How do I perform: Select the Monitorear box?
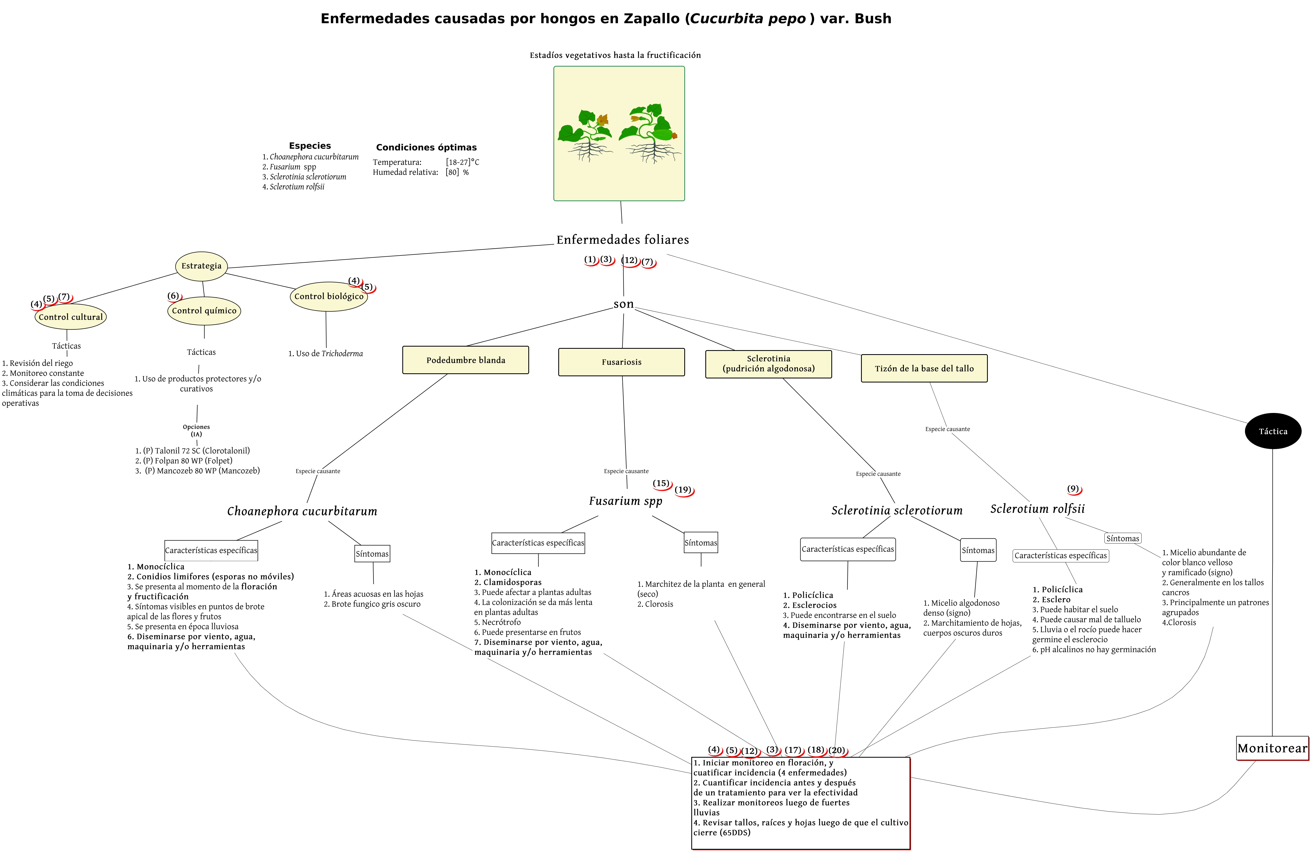click(x=1272, y=748)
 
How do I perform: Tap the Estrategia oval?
click(x=202, y=266)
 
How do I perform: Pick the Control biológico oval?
click(x=329, y=296)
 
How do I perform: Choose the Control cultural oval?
click(x=70, y=317)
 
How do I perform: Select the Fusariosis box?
click(x=621, y=362)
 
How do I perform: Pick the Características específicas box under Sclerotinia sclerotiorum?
click(x=848, y=549)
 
